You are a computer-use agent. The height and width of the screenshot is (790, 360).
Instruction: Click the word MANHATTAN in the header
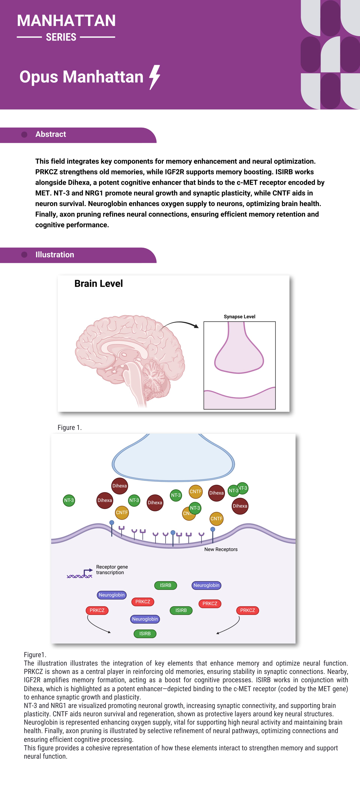(66, 21)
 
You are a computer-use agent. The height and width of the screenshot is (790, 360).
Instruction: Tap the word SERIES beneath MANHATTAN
(61, 37)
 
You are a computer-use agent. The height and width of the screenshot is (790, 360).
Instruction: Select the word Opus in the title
(39, 77)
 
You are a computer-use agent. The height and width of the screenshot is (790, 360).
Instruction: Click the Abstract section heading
(51, 134)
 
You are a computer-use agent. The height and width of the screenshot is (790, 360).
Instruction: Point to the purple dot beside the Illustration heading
(24, 255)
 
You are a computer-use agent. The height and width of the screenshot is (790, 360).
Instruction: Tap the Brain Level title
(98, 284)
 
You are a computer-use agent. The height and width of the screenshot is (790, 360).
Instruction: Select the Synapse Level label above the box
(239, 316)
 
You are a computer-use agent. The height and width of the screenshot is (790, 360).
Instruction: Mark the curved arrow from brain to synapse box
(179, 324)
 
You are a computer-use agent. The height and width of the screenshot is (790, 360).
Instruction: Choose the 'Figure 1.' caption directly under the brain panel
(70, 427)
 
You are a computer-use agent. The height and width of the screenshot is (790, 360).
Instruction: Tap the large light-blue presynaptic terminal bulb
(173, 460)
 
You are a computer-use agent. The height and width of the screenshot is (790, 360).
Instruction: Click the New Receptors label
(221, 549)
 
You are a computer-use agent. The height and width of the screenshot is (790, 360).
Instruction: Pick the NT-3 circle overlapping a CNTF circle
(195, 508)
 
